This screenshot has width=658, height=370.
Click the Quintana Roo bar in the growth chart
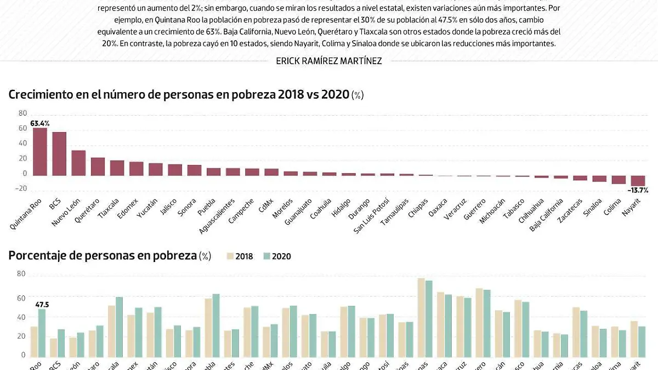[x=40, y=151]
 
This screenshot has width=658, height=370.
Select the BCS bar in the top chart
[x=59, y=153]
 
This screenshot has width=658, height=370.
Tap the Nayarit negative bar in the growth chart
[x=638, y=181]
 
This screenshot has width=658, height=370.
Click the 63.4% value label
[x=40, y=123]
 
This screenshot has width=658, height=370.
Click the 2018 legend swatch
[x=230, y=256]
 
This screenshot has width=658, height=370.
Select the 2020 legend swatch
[x=267, y=256]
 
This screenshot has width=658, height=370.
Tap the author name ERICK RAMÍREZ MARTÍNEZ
[x=329, y=61]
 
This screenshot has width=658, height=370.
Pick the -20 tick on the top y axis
[x=22, y=189]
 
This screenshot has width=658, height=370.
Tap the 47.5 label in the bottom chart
[x=43, y=304]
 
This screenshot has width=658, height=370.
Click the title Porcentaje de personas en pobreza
[x=103, y=255]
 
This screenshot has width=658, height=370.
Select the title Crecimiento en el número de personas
[x=179, y=94]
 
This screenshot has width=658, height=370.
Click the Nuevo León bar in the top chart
[x=78, y=163]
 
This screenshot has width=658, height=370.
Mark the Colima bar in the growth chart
[x=619, y=180]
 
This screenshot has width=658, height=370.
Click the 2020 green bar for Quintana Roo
[x=41, y=332]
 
